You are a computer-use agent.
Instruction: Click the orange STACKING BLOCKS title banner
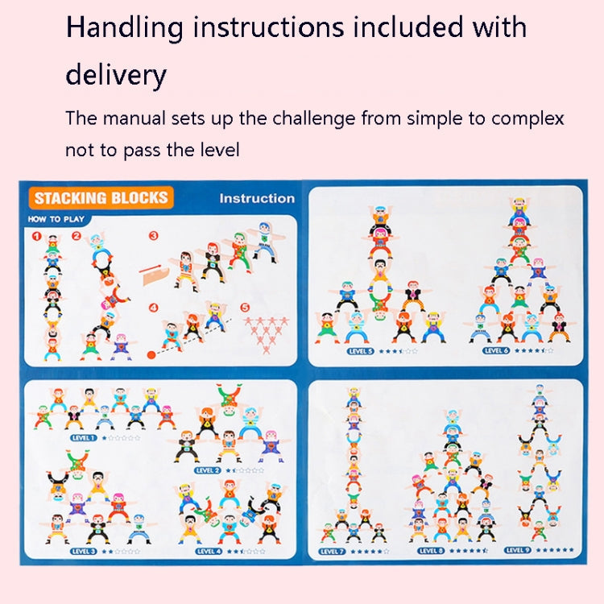click(x=101, y=198)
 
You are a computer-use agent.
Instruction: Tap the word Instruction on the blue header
click(x=257, y=198)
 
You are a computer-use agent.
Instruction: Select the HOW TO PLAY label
click(x=56, y=219)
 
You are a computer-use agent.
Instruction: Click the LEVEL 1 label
click(x=84, y=438)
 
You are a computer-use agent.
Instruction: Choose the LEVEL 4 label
click(x=208, y=551)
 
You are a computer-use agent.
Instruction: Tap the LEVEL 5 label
click(x=359, y=351)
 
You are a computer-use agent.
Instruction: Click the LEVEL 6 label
click(x=495, y=351)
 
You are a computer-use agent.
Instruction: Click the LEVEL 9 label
click(x=517, y=551)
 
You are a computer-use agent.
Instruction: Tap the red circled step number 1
click(x=36, y=237)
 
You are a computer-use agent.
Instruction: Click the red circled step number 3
click(x=153, y=237)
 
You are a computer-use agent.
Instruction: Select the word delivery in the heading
click(x=115, y=75)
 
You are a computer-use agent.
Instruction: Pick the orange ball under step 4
click(x=151, y=354)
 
